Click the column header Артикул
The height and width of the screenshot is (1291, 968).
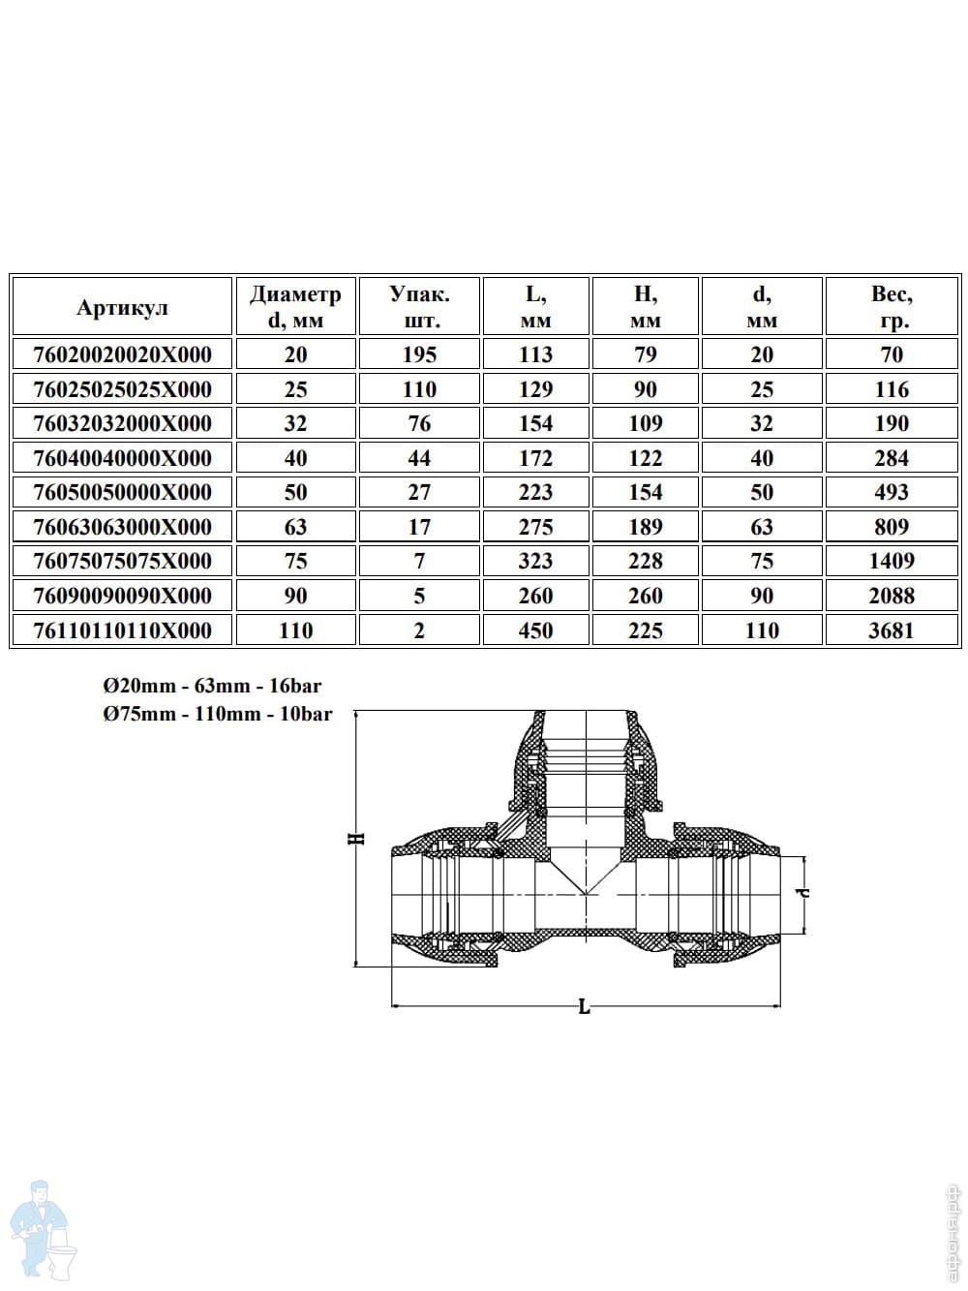click(x=122, y=307)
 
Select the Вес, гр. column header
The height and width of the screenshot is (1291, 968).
click(x=891, y=307)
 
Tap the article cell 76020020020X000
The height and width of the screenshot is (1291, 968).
click(x=122, y=354)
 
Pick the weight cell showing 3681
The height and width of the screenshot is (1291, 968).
click(x=891, y=630)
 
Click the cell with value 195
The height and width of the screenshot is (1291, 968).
click(x=419, y=354)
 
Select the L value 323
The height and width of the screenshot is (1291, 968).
click(x=535, y=561)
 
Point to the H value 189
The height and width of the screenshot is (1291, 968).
click(x=646, y=527)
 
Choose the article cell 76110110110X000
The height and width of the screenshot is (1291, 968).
click(x=122, y=630)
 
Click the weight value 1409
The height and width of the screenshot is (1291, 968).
click(x=891, y=561)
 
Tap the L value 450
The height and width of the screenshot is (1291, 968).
click(x=535, y=630)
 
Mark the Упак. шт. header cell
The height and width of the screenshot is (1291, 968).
click(x=419, y=307)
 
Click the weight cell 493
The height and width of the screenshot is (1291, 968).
click(x=891, y=492)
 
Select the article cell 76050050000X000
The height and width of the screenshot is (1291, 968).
click(x=122, y=492)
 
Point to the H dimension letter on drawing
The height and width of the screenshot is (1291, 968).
click(x=357, y=838)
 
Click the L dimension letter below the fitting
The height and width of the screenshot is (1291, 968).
click(x=584, y=1008)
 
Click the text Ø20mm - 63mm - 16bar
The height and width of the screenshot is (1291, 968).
click(x=212, y=687)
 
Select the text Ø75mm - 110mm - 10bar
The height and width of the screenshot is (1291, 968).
click(x=218, y=715)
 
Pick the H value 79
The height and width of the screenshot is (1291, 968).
click(x=646, y=354)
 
